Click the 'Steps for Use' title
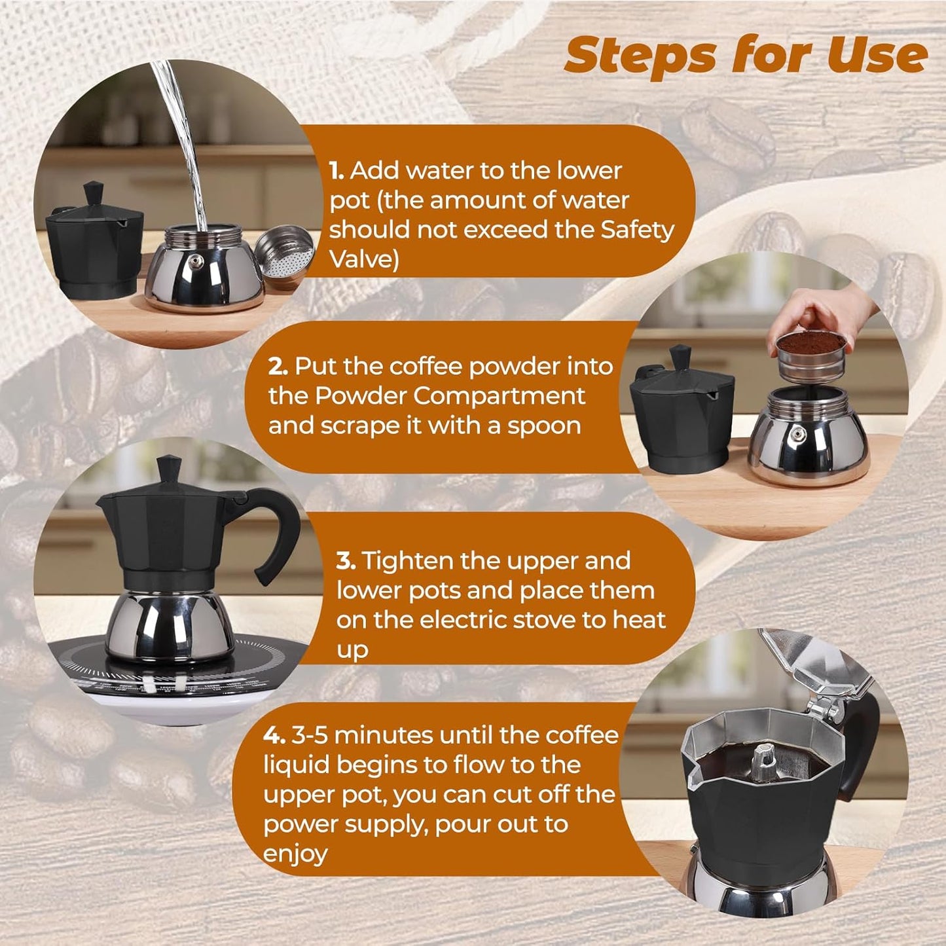(x=745, y=55)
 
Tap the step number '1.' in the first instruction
(x=337, y=171)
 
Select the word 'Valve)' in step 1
(x=364, y=259)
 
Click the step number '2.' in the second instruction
(x=278, y=367)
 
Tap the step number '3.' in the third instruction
(x=346, y=561)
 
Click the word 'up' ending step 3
(x=352, y=650)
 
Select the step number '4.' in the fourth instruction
(x=274, y=735)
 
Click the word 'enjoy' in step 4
(x=295, y=854)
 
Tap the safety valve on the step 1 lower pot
(x=196, y=263)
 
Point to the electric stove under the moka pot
(x=177, y=681)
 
